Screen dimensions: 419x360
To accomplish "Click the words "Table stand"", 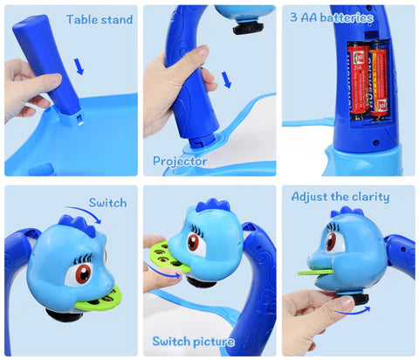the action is [x=100, y=19].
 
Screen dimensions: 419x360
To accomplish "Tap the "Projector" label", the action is [x=180, y=161].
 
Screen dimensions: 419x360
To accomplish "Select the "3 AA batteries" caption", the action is [x=332, y=17].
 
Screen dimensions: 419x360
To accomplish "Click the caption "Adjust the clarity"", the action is [x=340, y=197].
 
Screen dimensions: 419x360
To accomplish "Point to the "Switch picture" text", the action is [x=194, y=341].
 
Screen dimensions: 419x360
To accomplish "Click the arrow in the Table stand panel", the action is [x=79, y=66].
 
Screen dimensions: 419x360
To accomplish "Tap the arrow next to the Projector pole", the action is [x=226, y=80].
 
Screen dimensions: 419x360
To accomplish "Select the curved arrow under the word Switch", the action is [x=85, y=212].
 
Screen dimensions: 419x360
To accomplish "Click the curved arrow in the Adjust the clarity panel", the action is [x=353, y=311].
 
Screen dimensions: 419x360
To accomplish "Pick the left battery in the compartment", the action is [x=358, y=81].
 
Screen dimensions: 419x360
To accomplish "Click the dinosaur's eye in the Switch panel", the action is [x=83, y=273].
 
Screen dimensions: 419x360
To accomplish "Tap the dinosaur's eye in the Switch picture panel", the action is [x=194, y=243].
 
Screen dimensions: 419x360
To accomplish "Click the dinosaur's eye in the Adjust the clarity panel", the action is [x=331, y=241].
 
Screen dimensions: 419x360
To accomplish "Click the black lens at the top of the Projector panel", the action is [x=248, y=29].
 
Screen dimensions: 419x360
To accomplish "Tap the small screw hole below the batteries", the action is [x=375, y=142].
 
